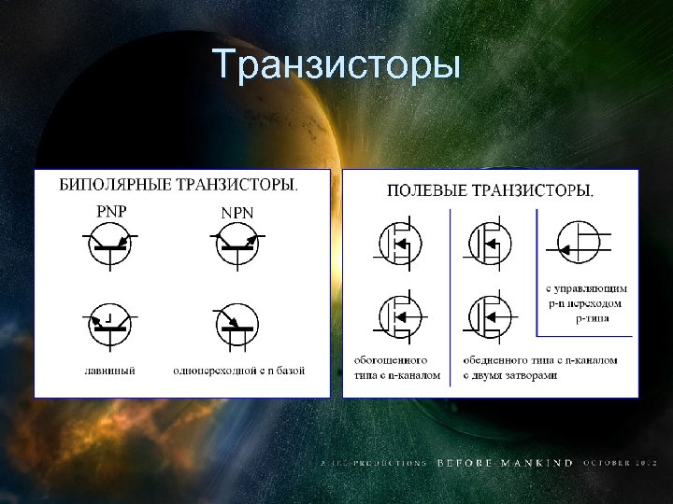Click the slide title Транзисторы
(x=336, y=65)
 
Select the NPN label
(x=237, y=212)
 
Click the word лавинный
(x=112, y=371)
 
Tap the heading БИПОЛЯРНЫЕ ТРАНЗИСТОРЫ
(x=179, y=184)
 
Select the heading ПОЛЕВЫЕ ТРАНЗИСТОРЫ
(x=490, y=190)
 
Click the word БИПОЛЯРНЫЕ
(x=114, y=184)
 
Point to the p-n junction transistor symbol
(x=580, y=245)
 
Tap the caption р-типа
(x=593, y=317)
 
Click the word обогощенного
(x=391, y=359)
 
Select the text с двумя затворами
(x=510, y=375)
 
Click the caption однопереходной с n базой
(x=239, y=371)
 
